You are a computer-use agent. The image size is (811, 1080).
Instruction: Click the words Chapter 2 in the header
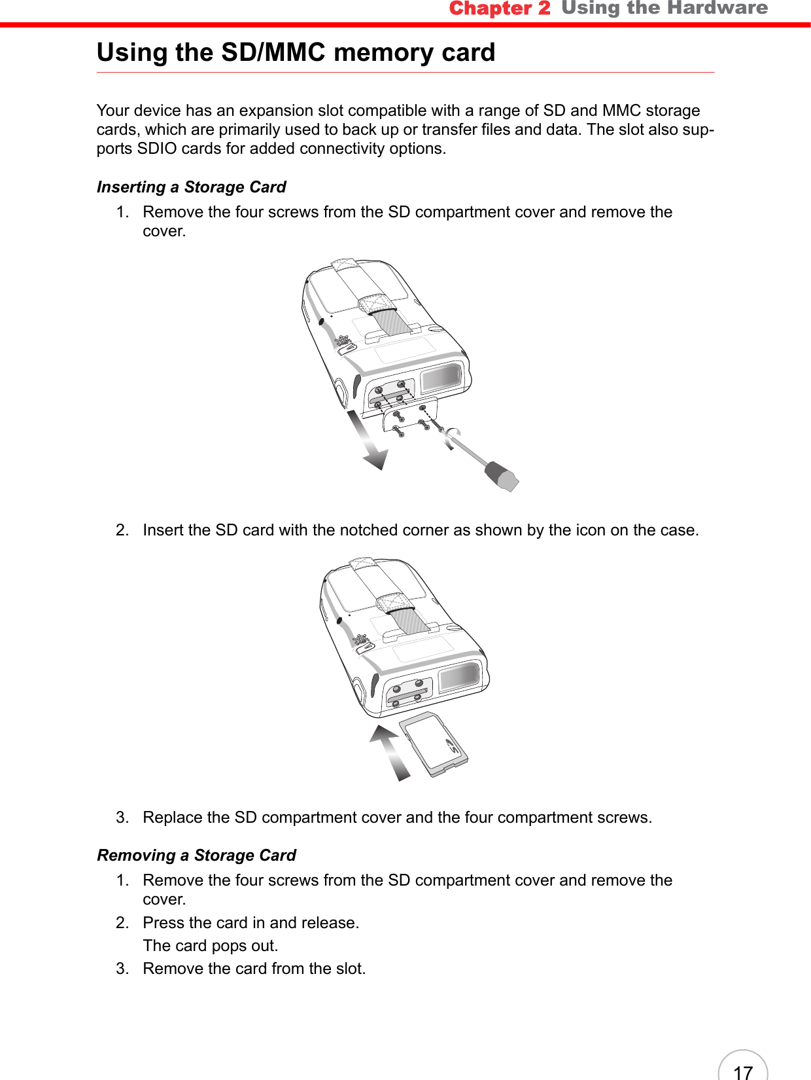[500, 8]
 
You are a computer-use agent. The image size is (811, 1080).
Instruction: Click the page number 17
[742, 1071]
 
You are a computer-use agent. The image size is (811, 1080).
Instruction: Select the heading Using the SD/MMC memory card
[296, 52]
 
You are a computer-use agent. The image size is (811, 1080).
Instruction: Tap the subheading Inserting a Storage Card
[191, 187]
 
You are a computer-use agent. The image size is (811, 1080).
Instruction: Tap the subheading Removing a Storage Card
[196, 855]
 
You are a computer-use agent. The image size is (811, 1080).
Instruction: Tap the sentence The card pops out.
[211, 946]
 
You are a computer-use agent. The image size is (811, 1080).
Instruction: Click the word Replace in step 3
[173, 818]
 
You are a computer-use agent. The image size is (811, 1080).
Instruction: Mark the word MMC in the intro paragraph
[621, 111]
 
